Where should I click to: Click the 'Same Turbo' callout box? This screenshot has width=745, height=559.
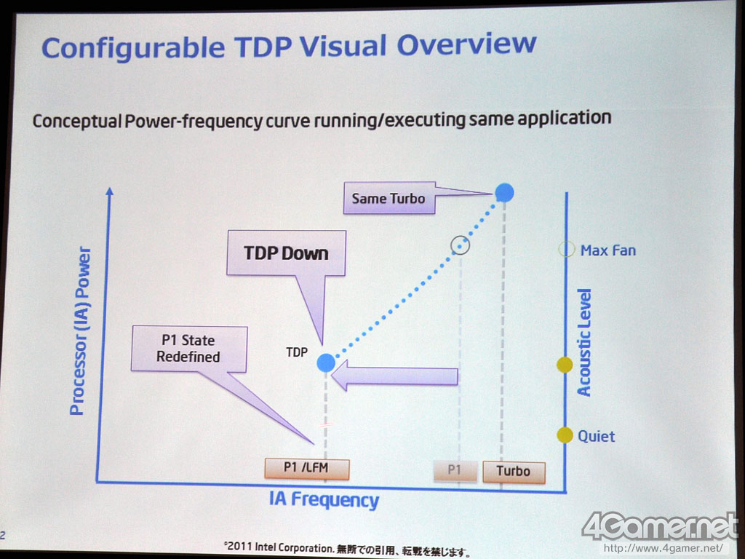coord(389,198)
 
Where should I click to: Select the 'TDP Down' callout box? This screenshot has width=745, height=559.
coord(286,253)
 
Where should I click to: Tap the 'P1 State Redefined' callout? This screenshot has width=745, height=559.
coord(189,349)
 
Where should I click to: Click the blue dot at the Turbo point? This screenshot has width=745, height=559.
coord(504,192)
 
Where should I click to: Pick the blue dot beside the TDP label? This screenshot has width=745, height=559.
coord(326,362)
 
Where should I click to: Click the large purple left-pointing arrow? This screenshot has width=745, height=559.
coord(394,376)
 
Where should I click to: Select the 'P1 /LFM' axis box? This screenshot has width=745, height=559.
coord(307,468)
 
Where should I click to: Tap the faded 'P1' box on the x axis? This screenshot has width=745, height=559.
coord(455,471)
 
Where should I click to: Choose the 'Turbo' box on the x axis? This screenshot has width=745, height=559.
coord(514,472)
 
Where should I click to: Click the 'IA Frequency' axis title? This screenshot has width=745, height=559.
coord(324,500)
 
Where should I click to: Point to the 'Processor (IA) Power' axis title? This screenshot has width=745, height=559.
coord(80,331)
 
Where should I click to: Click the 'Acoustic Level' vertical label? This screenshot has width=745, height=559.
coord(584,342)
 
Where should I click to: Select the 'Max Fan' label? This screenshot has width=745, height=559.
coord(607,250)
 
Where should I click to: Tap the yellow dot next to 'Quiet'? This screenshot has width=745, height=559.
coord(565,435)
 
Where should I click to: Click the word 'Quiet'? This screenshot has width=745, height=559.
coord(597,437)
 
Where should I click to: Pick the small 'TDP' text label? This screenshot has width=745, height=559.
coord(297,352)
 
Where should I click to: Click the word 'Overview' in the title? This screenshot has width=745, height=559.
coord(466,44)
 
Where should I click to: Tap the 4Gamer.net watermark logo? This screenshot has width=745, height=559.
coord(659,527)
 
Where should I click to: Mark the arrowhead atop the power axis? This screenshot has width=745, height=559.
coord(110,191)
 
